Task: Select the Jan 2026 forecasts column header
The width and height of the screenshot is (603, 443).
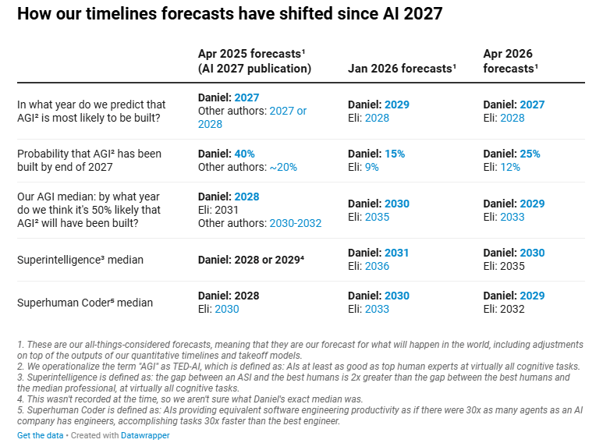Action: coord(401,69)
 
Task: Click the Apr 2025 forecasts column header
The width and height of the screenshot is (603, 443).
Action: coord(254,61)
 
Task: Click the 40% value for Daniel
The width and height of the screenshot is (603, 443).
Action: coord(244,154)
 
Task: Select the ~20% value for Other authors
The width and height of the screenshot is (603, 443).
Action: coord(282,167)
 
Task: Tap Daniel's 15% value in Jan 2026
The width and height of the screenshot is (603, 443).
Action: coord(394,154)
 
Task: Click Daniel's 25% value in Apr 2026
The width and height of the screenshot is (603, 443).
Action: coord(530,154)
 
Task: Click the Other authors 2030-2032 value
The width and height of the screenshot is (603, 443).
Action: coord(295,223)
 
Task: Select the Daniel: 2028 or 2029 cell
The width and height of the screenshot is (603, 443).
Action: coord(251,260)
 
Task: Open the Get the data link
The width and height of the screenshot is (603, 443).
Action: coord(40,435)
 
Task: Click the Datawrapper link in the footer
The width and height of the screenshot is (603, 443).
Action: coord(144,435)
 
